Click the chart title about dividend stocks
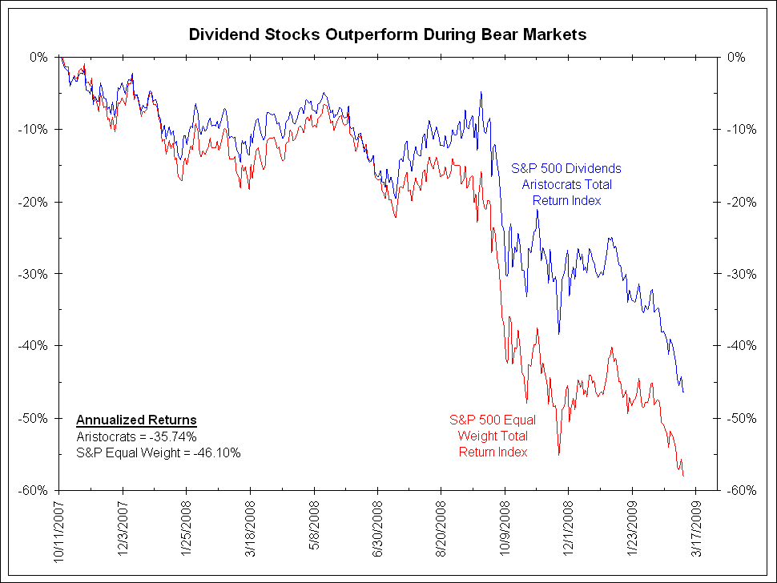(388, 34)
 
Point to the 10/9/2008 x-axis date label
(505, 529)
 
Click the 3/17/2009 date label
(695, 529)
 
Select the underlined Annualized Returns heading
(136, 420)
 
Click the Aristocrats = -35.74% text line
(136, 436)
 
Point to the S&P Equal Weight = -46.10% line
(159, 452)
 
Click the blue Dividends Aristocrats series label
(566, 184)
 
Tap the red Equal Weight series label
(493, 436)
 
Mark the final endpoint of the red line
(683, 476)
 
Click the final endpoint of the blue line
(683, 392)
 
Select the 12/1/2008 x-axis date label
(568, 529)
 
